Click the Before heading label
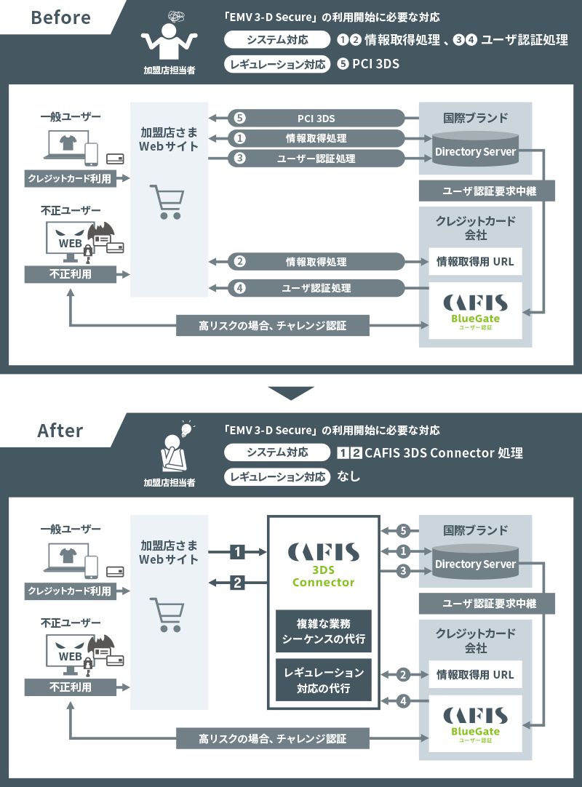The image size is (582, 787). (x=60, y=17)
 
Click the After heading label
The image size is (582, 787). (x=60, y=430)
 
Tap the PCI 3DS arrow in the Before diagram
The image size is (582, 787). (x=315, y=118)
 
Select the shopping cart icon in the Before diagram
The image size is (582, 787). (x=166, y=201)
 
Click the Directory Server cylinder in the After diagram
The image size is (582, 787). (x=474, y=564)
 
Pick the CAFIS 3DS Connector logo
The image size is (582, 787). (x=323, y=564)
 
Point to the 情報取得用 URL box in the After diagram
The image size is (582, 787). (x=475, y=674)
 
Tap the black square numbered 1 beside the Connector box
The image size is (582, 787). (x=237, y=552)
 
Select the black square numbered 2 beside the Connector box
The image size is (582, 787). (x=237, y=582)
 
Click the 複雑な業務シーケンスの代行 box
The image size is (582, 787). (x=324, y=631)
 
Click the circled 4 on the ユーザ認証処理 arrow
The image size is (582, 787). (x=240, y=288)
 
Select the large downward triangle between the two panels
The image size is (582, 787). (x=290, y=393)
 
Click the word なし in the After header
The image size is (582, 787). (x=349, y=477)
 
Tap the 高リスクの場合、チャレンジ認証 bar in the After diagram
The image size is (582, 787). (x=272, y=738)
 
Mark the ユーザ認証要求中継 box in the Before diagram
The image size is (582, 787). (x=487, y=191)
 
